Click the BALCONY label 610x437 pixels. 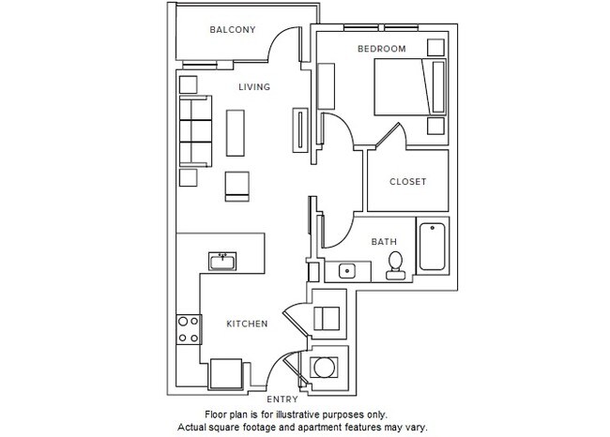pyautogui.click(x=233, y=30)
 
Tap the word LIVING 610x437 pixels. pyautogui.click(x=253, y=87)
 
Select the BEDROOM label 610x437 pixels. pyautogui.click(x=381, y=48)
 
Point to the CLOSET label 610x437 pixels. pyautogui.click(x=406, y=181)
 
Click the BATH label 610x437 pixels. pyautogui.click(x=384, y=241)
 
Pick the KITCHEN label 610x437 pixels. pyautogui.click(x=247, y=324)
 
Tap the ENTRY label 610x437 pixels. pyautogui.click(x=282, y=399)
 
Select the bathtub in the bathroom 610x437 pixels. pyautogui.click(x=434, y=248)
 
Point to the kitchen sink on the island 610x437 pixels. pyautogui.click(x=223, y=260)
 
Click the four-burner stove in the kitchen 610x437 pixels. pyautogui.click(x=188, y=328)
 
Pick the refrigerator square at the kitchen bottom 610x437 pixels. pyautogui.click(x=228, y=374)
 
